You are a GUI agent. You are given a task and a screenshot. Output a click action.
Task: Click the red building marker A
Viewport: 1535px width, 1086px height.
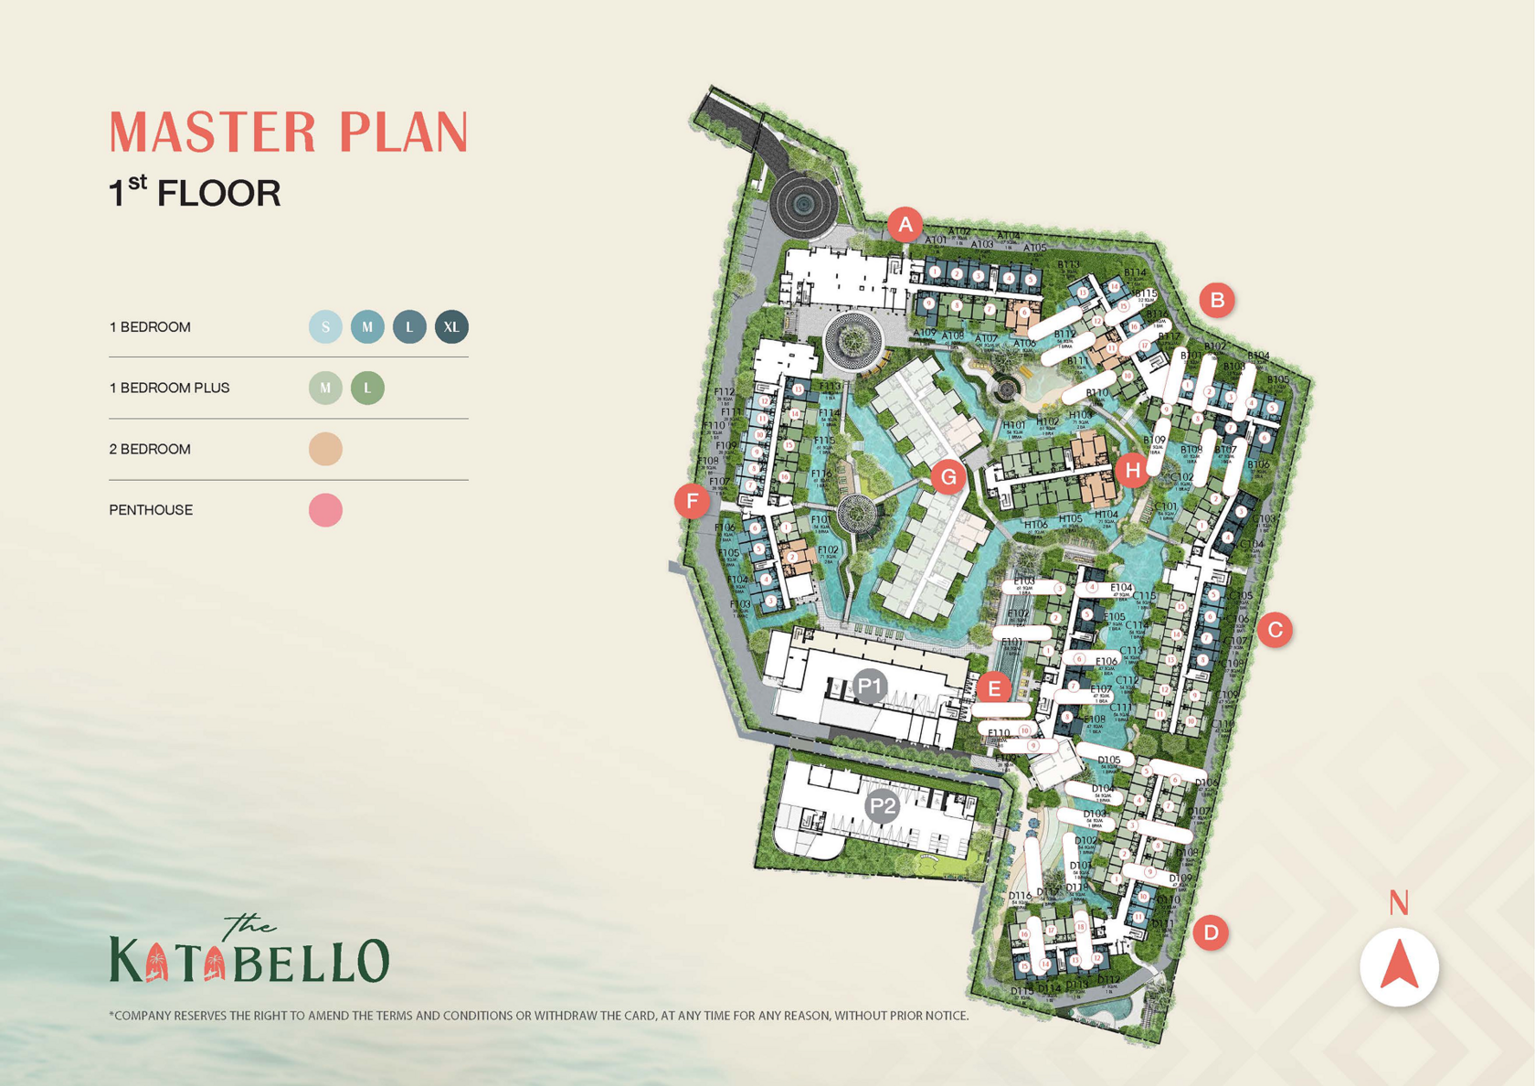click(905, 224)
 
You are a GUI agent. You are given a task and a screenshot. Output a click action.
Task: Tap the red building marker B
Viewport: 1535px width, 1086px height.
click(1216, 300)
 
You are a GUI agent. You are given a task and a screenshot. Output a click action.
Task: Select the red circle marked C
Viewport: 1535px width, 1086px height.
click(1275, 630)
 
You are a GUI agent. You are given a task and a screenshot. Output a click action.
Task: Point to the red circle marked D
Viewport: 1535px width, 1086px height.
click(1211, 932)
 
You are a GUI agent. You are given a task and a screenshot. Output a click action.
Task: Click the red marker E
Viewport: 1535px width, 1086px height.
click(993, 687)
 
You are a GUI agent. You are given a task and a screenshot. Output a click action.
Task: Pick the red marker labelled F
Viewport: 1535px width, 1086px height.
click(693, 501)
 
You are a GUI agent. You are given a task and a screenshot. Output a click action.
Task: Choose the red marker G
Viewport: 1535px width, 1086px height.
click(948, 476)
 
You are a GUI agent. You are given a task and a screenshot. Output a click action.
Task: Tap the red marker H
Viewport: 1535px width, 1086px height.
click(1133, 470)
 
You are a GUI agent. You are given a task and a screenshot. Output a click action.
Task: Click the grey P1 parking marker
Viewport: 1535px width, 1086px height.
click(869, 685)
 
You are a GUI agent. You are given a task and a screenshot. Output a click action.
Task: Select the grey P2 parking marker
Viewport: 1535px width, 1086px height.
click(882, 806)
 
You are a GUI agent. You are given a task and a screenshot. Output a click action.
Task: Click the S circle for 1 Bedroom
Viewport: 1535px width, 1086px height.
click(325, 327)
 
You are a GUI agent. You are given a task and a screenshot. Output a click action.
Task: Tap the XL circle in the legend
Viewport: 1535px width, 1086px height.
click(451, 327)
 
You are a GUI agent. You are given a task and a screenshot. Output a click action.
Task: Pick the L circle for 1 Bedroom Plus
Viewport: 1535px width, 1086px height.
click(367, 388)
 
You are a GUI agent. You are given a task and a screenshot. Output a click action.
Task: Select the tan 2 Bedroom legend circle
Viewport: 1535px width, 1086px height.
click(325, 449)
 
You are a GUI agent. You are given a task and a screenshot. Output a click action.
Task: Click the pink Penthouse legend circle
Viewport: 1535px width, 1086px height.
click(325, 510)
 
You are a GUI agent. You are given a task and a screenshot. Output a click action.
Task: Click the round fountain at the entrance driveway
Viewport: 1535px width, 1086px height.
click(802, 204)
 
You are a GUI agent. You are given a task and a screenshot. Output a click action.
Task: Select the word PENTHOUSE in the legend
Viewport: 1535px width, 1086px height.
click(151, 510)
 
